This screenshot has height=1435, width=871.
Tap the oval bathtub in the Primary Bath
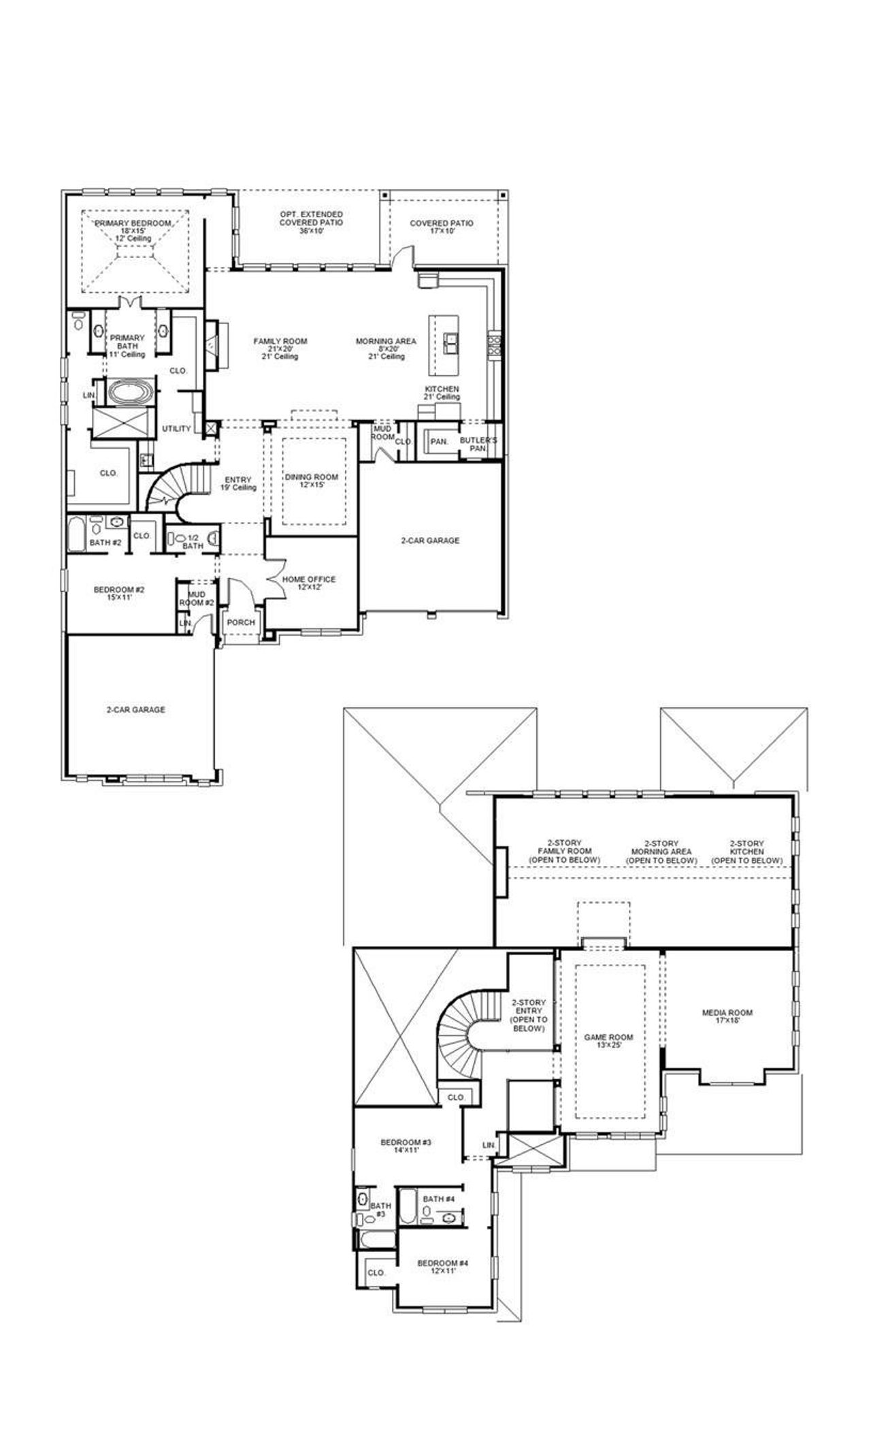(x=127, y=393)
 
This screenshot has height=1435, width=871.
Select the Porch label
(x=241, y=622)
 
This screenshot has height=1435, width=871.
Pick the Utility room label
(x=176, y=429)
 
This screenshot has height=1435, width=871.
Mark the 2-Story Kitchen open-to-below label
(x=746, y=852)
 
